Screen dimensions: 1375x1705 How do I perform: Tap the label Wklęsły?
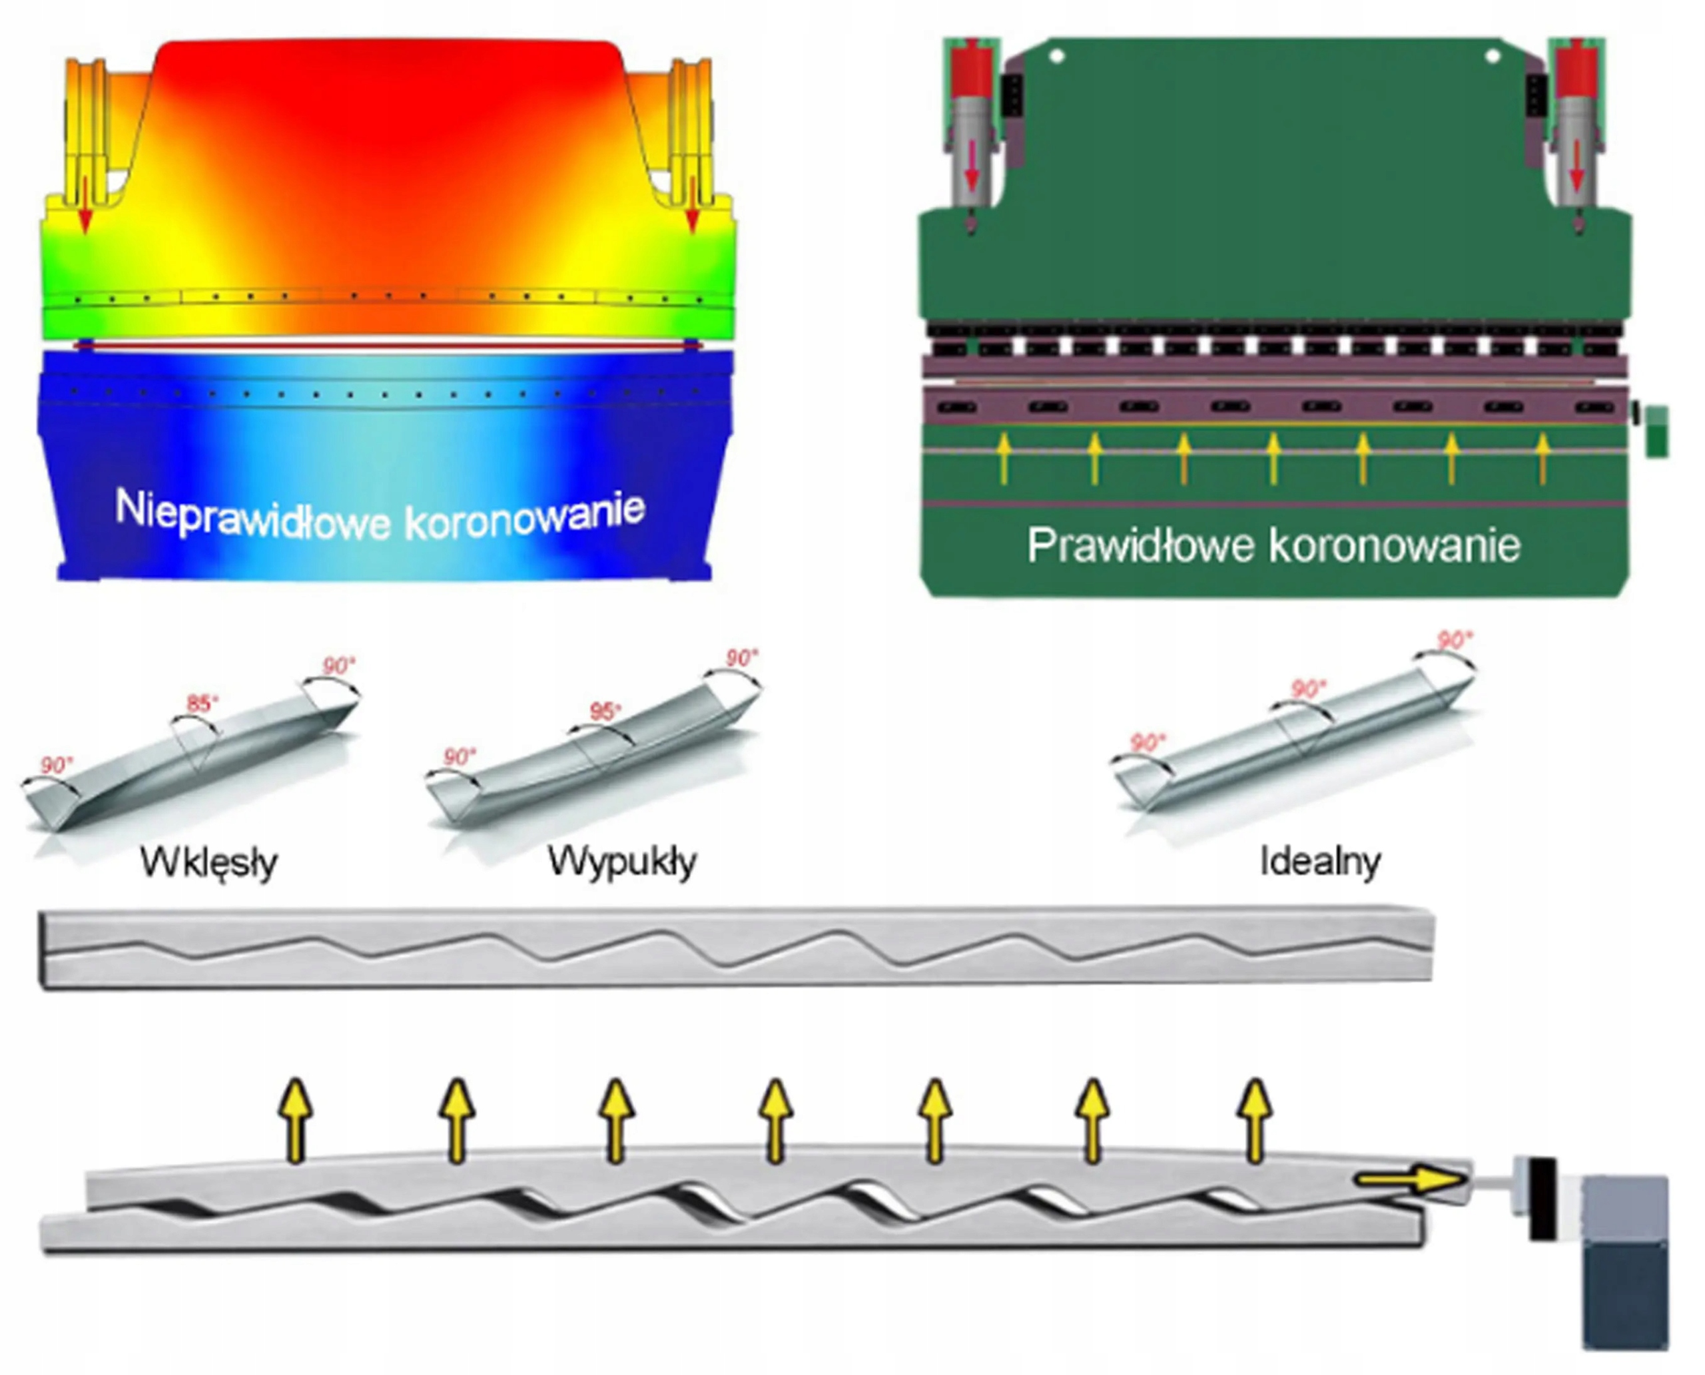pyautogui.click(x=209, y=862)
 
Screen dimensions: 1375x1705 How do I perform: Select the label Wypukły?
pyautogui.click(x=622, y=861)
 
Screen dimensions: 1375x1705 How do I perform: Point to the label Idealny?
pyautogui.click(x=1320, y=861)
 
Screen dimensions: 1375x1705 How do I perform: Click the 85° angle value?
pyautogui.click(x=202, y=702)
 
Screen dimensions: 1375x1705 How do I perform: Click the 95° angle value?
pyautogui.click(x=605, y=711)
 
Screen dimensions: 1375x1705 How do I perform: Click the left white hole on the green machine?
pyautogui.click(x=1056, y=56)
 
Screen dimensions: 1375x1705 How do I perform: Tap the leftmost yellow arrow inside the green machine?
pyautogui.click(x=1004, y=458)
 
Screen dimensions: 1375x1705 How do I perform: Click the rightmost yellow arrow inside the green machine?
pyautogui.click(x=1542, y=458)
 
